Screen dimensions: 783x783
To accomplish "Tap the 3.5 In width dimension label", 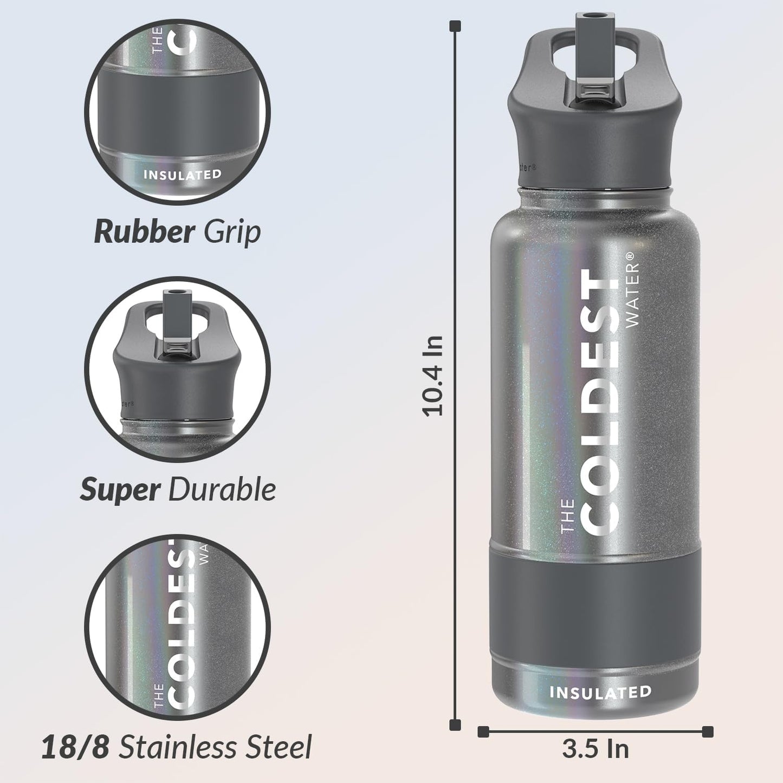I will pyautogui.click(x=595, y=749).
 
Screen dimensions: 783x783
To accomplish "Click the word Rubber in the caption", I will pyautogui.click(x=144, y=232).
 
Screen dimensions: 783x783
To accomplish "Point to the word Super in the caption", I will pyautogui.click(x=120, y=490).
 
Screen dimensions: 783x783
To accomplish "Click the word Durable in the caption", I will pyautogui.click(x=222, y=490).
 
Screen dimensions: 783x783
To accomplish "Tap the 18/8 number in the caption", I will pyautogui.click(x=75, y=747).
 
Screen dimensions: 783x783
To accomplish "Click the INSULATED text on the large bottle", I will pyautogui.click(x=600, y=692).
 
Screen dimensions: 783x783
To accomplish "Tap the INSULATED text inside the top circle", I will pyautogui.click(x=182, y=174).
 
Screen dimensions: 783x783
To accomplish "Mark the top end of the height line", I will pyautogui.click(x=456, y=25).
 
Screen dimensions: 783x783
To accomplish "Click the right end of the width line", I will pyautogui.click(x=707, y=732).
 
